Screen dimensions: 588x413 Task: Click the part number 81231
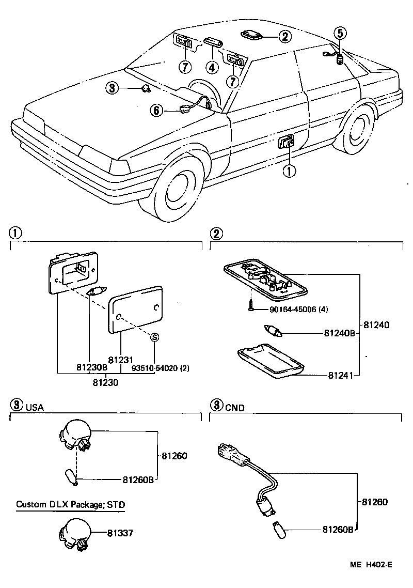pyautogui.click(x=121, y=360)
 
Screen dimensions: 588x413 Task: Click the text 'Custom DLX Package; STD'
pyautogui.click(x=70, y=504)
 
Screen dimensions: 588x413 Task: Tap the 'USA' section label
pyautogui.click(x=35, y=407)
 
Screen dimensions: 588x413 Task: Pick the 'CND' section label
pyautogui.click(x=234, y=407)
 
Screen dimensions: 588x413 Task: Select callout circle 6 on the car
pyautogui.click(x=157, y=110)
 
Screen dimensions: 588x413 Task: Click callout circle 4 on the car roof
pyautogui.click(x=211, y=67)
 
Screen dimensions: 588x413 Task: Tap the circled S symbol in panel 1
pyautogui.click(x=154, y=337)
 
